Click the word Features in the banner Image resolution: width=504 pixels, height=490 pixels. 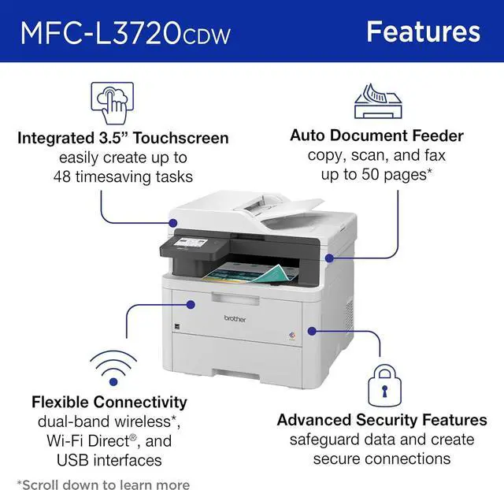[423, 32]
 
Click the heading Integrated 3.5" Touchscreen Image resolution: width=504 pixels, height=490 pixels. [123, 139]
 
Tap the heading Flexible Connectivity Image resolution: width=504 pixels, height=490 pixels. [110, 403]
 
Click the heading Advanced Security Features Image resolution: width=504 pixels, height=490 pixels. [382, 420]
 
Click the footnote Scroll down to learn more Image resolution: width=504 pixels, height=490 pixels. [103, 484]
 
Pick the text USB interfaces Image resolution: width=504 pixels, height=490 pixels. [110, 460]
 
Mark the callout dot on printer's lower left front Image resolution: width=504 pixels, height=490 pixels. [190, 303]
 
